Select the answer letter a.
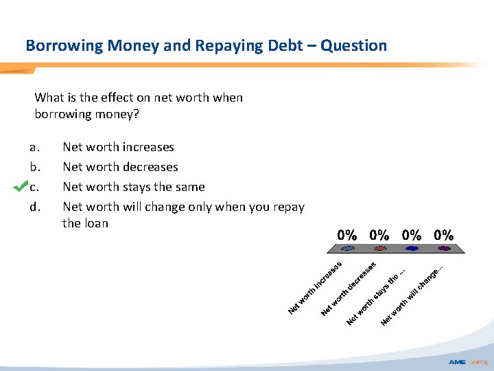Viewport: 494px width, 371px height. point(34,147)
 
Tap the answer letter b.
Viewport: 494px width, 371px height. point(34,167)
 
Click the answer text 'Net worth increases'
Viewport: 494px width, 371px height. point(118,147)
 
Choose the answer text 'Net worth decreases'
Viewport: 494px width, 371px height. point(120,167)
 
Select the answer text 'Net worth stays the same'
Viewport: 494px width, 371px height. point(133,187)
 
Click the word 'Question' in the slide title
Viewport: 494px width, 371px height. point(353,46)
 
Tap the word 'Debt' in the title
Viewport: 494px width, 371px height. point(282,46)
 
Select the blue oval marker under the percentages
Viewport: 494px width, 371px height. point(412,248)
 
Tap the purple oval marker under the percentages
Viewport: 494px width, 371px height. point(445,248)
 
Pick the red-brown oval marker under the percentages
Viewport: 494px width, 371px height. point(380,248)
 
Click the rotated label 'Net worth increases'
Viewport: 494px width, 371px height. point(316,286)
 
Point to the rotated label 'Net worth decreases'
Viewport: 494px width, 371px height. point(349,288)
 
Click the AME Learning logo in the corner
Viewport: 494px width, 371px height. point(468,362)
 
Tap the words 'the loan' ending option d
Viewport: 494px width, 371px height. point(85,223)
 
